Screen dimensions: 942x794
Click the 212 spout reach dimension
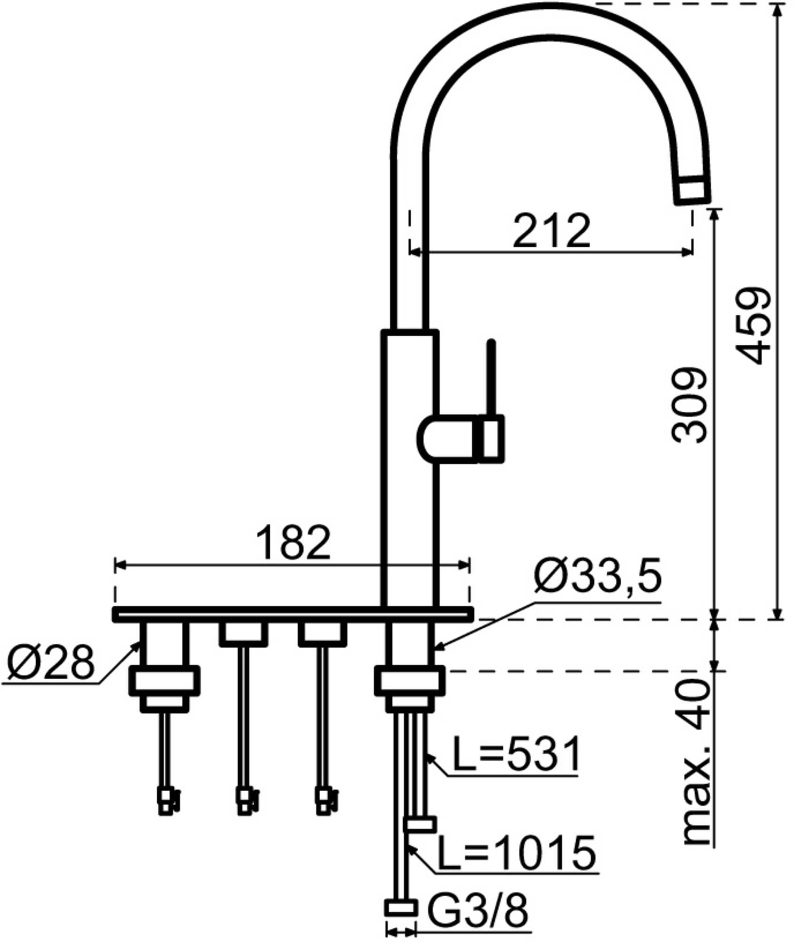551,231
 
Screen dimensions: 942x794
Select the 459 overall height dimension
753,325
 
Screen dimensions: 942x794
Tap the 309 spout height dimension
689,405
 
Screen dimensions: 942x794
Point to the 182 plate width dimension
293,543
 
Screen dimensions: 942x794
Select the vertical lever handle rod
491,377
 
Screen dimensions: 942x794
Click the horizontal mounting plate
292,615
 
